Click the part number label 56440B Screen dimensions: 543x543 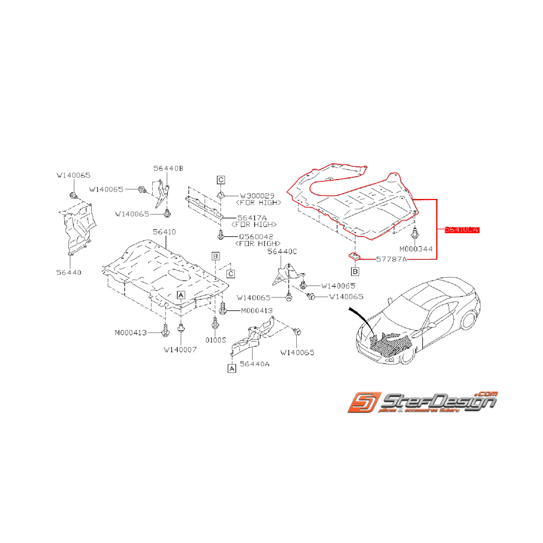click(x=168, y=168)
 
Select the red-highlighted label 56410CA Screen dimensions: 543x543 click(x=461, y=230)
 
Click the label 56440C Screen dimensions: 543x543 click(x=282, y=251)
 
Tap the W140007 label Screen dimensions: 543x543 click(x=180, y=350)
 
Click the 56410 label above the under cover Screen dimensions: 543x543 click(x=164, y=232)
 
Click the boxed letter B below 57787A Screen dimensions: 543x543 click(x=355, y=271)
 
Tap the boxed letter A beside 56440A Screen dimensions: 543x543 click(x=232, y=369)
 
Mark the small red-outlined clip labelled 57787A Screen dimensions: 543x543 click(x=353, y=255)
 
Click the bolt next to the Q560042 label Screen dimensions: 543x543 click(x=221, y=235)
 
